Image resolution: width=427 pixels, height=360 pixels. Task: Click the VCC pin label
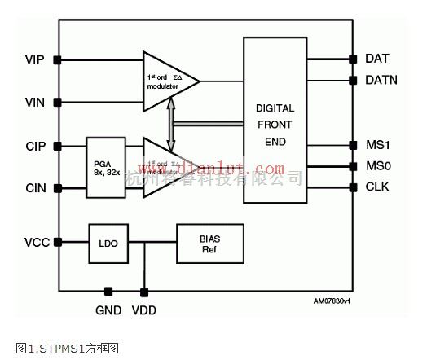tap(37, 242)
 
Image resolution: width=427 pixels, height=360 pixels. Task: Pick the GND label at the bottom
tap(108, 309)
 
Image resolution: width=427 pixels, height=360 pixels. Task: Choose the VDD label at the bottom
tap(145, 309)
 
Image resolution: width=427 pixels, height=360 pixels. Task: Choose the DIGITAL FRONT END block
tap(275, 123)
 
